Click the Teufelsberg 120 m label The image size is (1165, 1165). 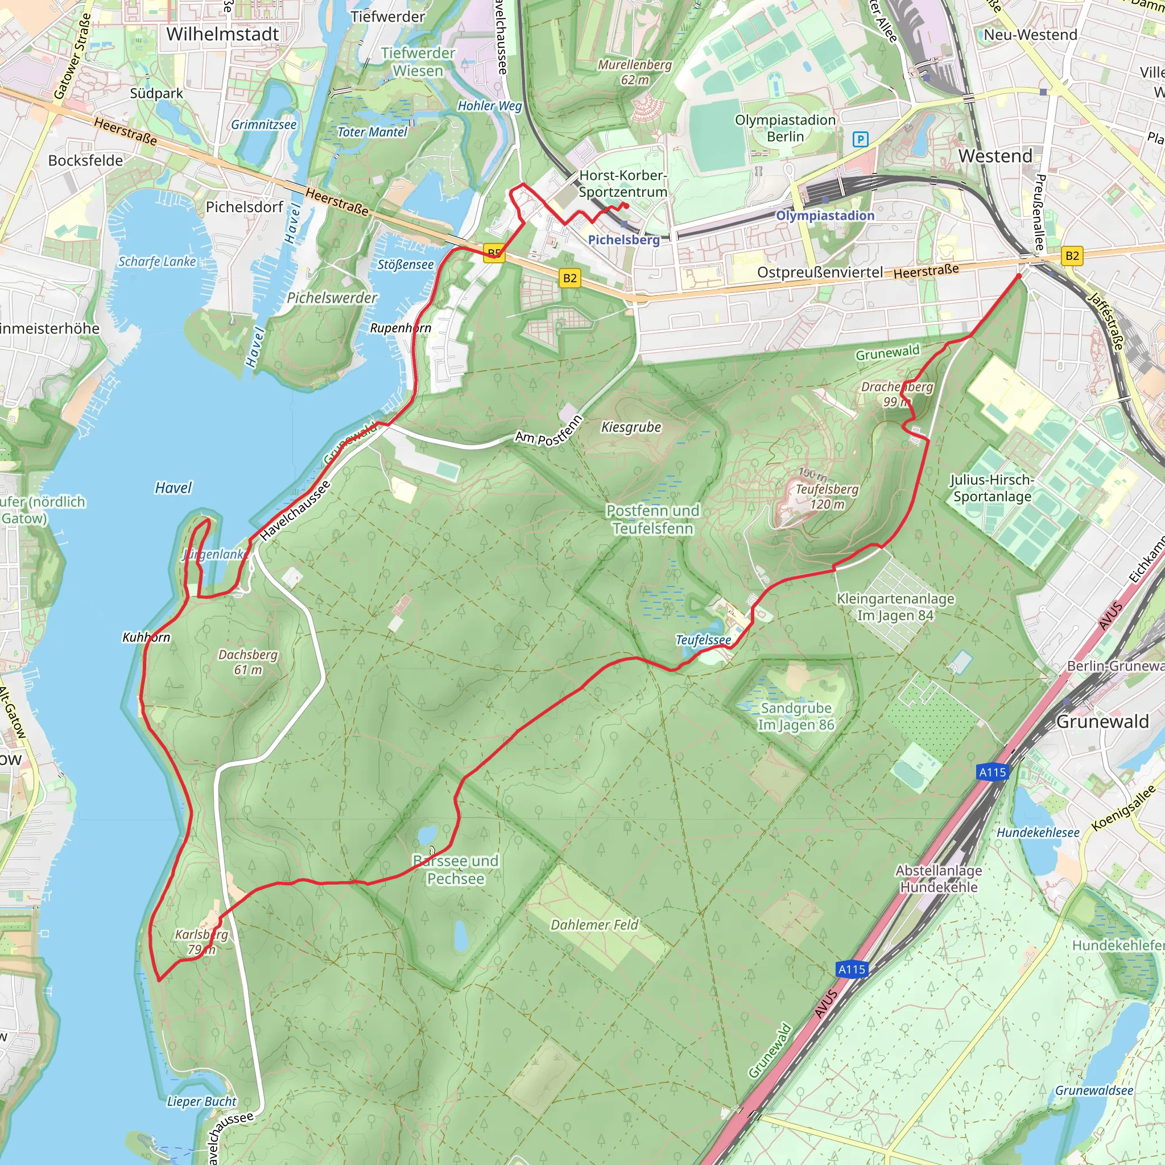pos(827,496)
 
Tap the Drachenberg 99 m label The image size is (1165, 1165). pos(897,394)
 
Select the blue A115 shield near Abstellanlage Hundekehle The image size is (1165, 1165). pos(852,970)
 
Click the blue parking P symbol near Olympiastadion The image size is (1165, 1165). pos(861,140)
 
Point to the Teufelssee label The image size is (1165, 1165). pos(703,640)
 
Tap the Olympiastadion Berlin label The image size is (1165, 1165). pos(785,129)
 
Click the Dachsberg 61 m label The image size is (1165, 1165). pos(248,662)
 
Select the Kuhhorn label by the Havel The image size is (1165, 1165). pos(147,637)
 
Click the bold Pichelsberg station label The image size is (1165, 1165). pos(623,240)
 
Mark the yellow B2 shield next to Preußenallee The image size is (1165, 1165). pos(1072,255)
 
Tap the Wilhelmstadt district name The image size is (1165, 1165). pos(222,34)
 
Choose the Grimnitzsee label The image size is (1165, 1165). pos(263,125)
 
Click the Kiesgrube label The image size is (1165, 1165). pos(631,428)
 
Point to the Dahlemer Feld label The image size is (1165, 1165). pos(594,924)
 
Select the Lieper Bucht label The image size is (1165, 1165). pos(201,1102)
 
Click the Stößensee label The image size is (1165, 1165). pos(405,265)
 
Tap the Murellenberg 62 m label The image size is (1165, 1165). pos(634,72)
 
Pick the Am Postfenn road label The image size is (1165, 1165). pos(548,431)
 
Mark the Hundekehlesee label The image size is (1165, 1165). pos(1038,833)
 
